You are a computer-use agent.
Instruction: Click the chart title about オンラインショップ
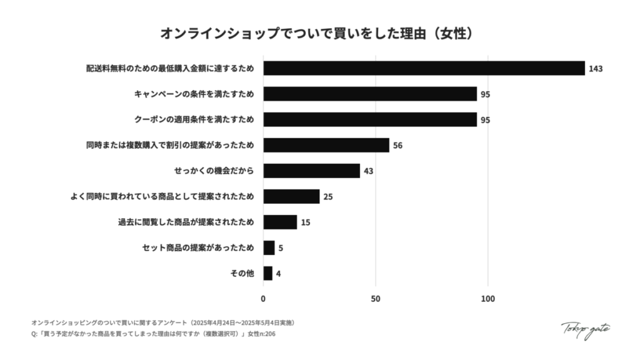pos(319,32)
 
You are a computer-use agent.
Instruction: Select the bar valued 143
pos(424,68)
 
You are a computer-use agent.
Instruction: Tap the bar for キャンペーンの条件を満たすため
pos(369,94)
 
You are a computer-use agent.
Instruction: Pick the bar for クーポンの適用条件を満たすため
pos(369,119)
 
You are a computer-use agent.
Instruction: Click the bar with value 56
pos(326,145)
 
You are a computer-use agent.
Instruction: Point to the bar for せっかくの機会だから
pos(311,171)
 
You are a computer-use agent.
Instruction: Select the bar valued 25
pos(291,196)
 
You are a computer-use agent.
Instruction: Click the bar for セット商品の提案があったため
pos(269,247)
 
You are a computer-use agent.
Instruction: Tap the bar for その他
pos(267,273)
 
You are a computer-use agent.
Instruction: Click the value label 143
pos(595,69)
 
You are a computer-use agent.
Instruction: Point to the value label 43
pos(369,171)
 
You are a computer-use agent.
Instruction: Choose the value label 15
pos(306,222)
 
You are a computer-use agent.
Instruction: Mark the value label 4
pos(278,274)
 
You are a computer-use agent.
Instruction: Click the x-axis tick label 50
pos(376,298)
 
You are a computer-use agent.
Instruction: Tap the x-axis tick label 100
pos(487,298)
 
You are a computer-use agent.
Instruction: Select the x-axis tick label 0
pos(263,298)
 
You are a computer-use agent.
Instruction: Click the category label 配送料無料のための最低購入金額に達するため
pos(170,68)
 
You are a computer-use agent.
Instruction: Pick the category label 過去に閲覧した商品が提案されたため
pos(186,222)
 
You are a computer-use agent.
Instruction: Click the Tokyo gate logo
pos(585,329)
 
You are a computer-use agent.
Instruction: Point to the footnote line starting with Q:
pos(153,334)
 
